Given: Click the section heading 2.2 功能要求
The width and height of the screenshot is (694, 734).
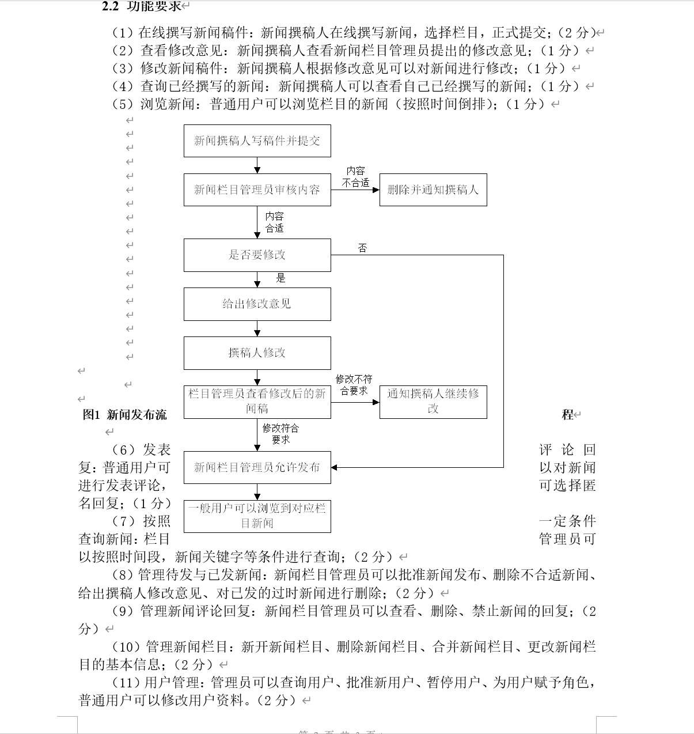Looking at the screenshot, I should click(x=142, y=6).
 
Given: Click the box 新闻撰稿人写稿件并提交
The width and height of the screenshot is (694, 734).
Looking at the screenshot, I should click(x=257, y=141).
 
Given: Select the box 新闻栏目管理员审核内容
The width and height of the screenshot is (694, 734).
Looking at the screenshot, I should click(x=257, y=190).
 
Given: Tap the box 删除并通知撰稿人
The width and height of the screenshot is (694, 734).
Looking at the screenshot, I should click(x=433, y=190).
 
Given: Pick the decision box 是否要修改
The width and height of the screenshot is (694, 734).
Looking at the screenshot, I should click(x=257, y=255).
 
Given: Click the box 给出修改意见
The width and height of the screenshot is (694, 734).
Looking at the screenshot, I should click(x=257, y=304).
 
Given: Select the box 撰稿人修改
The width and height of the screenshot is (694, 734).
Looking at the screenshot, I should click(x=257, y=353).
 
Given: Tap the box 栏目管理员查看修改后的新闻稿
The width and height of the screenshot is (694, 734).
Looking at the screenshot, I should click(x=257, y=401).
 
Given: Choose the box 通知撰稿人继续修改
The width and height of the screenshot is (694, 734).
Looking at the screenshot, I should click(x=433, y=401).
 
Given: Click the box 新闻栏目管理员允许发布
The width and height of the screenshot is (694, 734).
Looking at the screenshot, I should click(x=257, y=467).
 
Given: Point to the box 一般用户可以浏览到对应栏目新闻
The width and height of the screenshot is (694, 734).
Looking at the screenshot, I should click(x=257, y=516).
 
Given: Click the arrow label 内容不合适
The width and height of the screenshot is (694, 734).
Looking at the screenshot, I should click(x=355, y=177).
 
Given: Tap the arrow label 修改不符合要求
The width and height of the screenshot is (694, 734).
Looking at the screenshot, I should click(x=354, y=385).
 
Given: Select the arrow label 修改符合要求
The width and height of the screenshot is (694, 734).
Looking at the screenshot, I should click(x=280, y=434).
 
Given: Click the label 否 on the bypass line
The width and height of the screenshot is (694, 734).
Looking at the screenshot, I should click(x=362, y=248).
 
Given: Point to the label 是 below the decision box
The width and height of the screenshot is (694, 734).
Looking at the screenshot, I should click(x=280, y=278).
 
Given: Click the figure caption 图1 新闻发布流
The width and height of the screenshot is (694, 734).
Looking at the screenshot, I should click(x=125, y=414).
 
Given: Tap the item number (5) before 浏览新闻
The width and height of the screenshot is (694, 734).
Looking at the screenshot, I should click(x=123, y=104).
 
